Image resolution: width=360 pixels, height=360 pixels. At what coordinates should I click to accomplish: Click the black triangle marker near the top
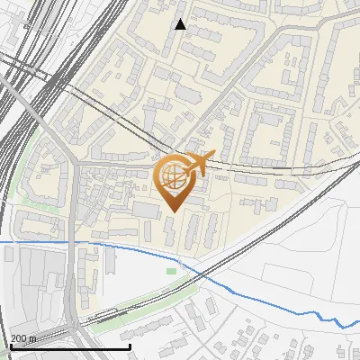click(180, 24)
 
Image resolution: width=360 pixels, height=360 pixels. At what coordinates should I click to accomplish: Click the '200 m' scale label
click(22, 338)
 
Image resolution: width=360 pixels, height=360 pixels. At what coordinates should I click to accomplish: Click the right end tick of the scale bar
click(130, 346)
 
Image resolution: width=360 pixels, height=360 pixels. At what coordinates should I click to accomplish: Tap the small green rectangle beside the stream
click(171, 271)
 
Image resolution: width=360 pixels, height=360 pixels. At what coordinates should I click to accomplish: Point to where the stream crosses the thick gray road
click(70, 242)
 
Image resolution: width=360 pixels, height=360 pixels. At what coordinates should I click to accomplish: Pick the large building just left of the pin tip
click(145, 210)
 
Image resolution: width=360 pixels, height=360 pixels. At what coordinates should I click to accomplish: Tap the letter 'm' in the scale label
click(32, 338)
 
